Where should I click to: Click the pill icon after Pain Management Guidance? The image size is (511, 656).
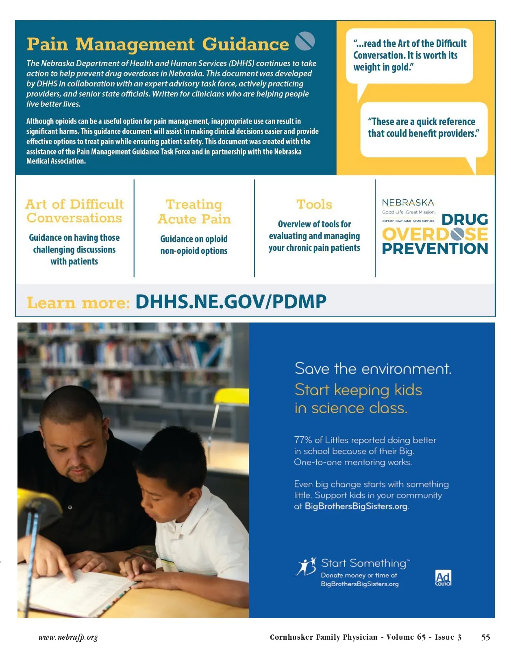[x=304, y=41]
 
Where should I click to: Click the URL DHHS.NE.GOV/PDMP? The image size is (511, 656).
[x=230, y=302]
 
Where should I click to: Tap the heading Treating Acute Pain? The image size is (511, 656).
[x=194, y=211]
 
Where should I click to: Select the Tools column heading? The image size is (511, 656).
[x=314, y=204]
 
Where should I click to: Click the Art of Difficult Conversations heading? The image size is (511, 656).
[x=74, y=211]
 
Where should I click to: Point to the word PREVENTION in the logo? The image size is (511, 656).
[x=435, y=248]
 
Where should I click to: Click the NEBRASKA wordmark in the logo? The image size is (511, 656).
[x=408, y=203]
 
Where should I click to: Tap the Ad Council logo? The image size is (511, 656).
[x=443, y=578]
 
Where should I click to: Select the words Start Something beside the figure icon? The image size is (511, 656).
[x=364, y=563]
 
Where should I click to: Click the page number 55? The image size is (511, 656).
[x=485, y=637]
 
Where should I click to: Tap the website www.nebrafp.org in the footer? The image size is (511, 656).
[x=68, y=637]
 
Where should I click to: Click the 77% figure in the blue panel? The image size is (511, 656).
[x=303, y=440]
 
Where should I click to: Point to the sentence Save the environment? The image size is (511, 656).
[x=373, y=368]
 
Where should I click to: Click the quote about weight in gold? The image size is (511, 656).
[x=410, y=55]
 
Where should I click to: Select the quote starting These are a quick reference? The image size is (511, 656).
[x=423, y=127]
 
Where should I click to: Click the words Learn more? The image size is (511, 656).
[x=78, y=303]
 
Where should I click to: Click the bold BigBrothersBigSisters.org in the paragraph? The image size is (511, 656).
[x=356, y=506]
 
